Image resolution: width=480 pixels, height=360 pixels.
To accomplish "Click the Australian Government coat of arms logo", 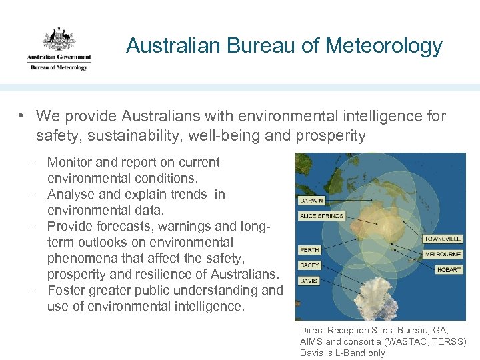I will pos(59,39).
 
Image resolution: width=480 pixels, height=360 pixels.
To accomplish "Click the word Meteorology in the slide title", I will pos(384,46).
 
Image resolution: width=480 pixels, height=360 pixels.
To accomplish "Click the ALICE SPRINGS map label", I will pos(321,216).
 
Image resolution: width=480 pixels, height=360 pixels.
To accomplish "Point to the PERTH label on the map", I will pos(310,250).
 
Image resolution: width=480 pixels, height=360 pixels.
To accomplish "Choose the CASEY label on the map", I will pos(310,265).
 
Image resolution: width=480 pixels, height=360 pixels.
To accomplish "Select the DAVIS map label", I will pos(309,281).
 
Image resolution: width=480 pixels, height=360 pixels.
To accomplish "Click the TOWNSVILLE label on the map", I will pos(442,239).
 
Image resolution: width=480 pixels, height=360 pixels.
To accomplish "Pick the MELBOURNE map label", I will pos(442,254).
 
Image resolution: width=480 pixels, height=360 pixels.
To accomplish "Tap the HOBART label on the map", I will pos(449,269).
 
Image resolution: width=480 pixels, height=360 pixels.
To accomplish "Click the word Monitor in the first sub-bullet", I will pos(70,162).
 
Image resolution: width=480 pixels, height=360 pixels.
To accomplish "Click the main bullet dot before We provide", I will pos(22,117).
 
